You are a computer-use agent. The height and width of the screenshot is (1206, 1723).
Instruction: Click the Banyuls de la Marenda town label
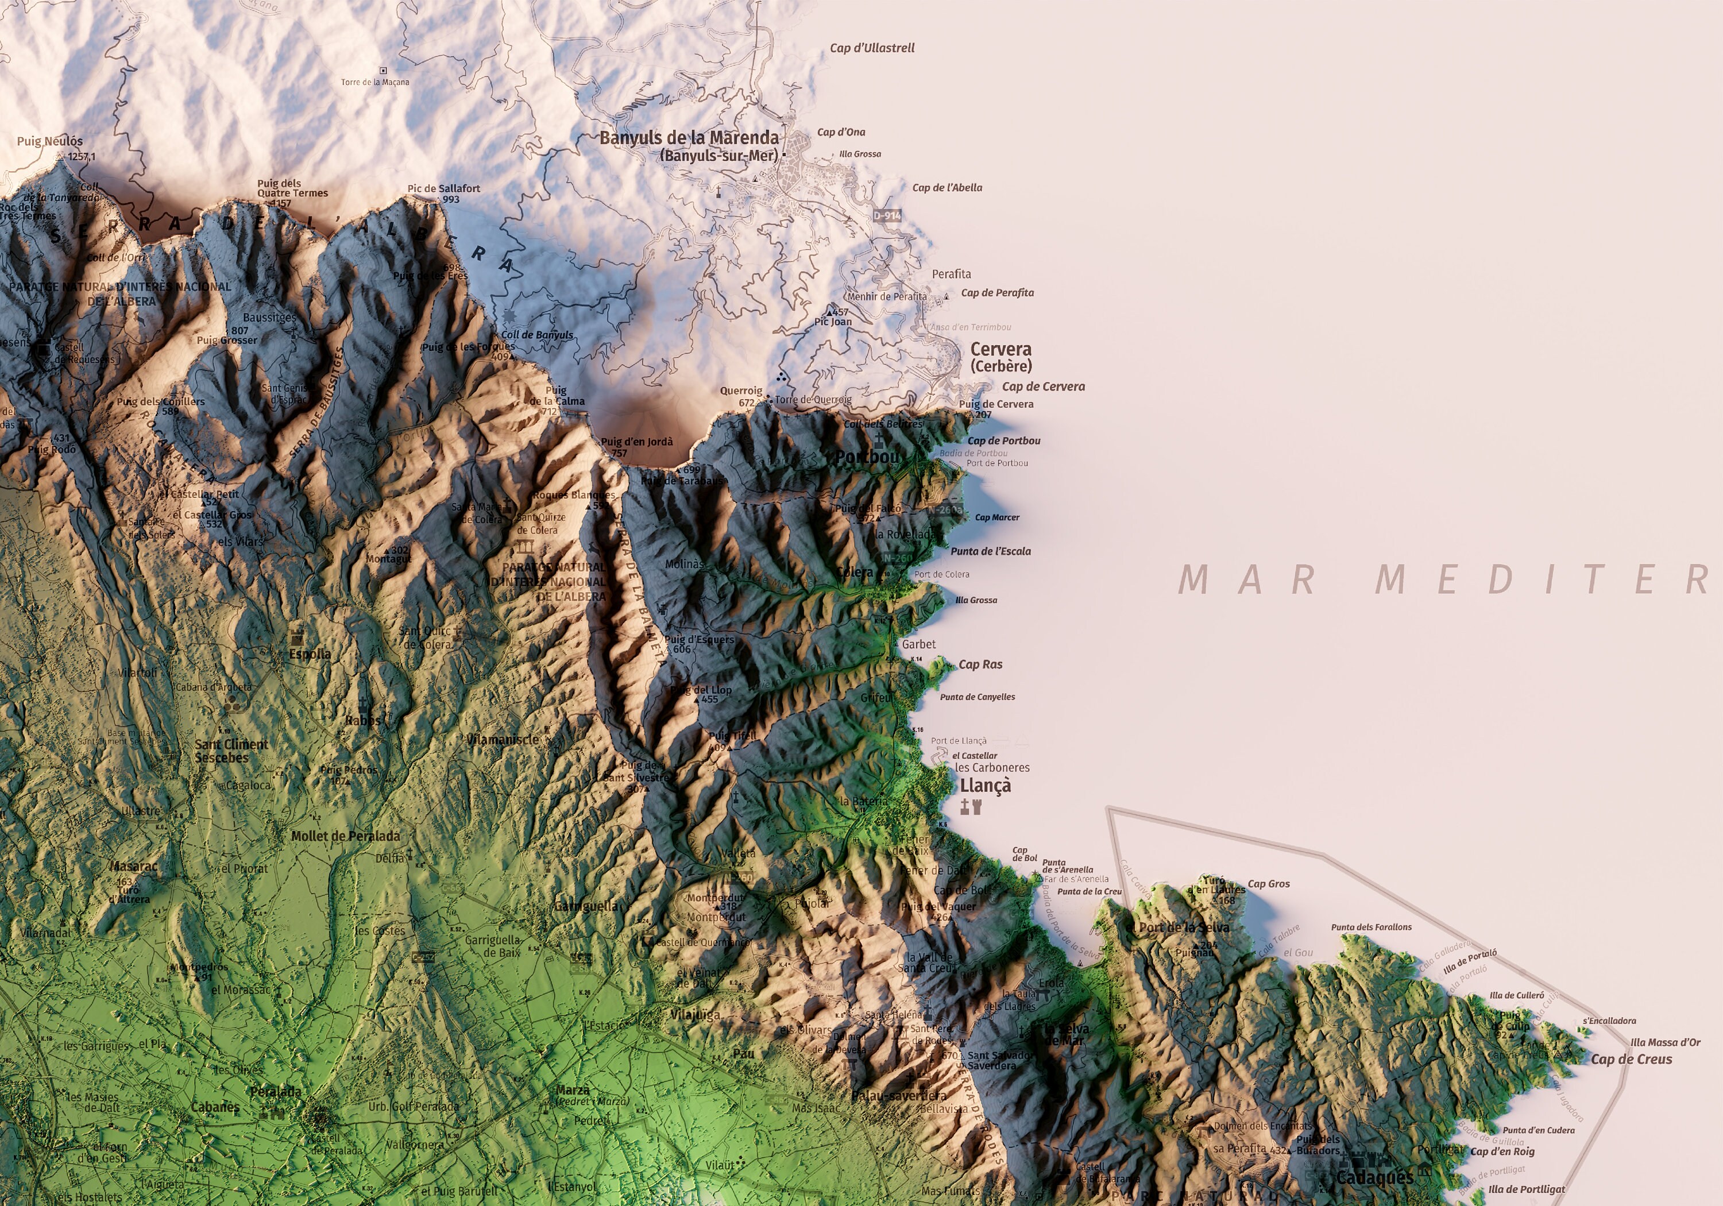pyautogui.click(x=689, y=138)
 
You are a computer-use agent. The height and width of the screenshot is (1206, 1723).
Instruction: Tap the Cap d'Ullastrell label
pyautogui.click(x=872, y=48)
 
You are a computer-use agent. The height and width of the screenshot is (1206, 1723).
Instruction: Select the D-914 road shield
pyautogui.click(x=886, y=216)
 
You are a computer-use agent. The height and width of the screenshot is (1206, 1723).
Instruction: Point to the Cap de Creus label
pyautogui.click(x=1632, y=1059)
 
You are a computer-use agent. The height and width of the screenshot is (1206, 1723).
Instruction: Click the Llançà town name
pyautogui.click(x=986, y=786)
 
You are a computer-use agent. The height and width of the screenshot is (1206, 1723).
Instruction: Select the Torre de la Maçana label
pyautogui.click(x=374, y=82)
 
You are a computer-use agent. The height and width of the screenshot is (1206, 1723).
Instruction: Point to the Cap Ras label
pyautogui.click(x=980, y=664)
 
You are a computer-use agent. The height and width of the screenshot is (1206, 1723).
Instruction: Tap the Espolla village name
pyautogui.click(x=310, y=654)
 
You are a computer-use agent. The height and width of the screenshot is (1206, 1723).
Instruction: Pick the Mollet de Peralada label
pyautogui.click(x=345, y=836)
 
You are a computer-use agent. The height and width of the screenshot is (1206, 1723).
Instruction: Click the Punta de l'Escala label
pyautogui.click(x=991, y=551)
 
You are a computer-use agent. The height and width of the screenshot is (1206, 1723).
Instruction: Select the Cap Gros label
pyautogui.click(x=1268, y=884)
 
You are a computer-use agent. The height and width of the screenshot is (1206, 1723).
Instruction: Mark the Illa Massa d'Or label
pyautogui.click(x=1665, y=1042)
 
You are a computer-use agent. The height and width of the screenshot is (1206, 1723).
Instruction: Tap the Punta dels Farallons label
pyautogui.click(x=1371, y=927)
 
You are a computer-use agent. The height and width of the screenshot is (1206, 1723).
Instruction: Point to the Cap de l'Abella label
pyautogui.click(x=947, y=188)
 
